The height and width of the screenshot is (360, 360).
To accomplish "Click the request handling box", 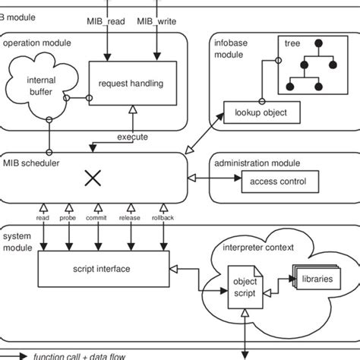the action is point(133,83).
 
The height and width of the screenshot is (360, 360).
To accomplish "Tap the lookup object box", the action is point(262,112).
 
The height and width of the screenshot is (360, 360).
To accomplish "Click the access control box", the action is point(280,182).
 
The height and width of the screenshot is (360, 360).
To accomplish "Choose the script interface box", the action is point(103,269).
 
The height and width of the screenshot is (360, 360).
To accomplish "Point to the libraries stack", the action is point(317,277).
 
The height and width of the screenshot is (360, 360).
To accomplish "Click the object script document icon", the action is point(245,287).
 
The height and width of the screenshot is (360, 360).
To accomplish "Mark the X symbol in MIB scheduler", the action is point(93,178).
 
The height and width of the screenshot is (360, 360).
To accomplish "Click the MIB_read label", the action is point(106,21).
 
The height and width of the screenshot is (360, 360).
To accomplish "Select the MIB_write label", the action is point(156,21).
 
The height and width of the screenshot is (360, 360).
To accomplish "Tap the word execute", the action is point(132,137).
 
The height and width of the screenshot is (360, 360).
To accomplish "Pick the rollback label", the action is point(163,218).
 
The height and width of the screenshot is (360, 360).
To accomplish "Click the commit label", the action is point(96,218).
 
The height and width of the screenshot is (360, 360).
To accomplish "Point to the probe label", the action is point(68,218).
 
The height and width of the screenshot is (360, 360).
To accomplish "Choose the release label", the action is point(130,218).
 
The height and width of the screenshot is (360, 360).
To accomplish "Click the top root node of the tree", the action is point(318,43).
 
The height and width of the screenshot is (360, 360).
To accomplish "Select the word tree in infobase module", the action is point(292,43).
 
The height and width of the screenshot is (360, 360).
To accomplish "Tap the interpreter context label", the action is point(258,248).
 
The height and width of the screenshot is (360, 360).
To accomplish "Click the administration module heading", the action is point(257,163).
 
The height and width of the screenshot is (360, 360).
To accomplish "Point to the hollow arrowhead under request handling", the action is point(133,109).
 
